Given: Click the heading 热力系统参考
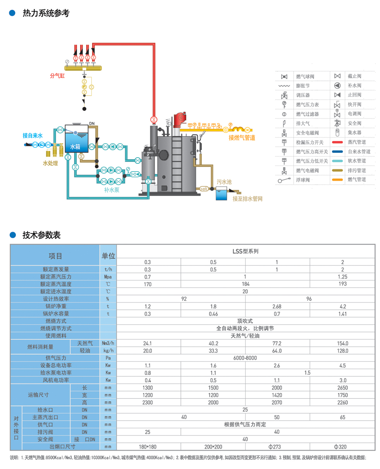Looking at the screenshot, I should tap(46, 13).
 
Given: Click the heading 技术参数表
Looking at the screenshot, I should tap(41, 235).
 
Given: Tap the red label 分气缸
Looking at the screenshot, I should tap(57, 76).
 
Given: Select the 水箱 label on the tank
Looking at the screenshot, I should tap(76, 147).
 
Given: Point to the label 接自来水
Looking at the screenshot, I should tap(33, 136).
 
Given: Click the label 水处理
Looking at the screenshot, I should tap(50, 163).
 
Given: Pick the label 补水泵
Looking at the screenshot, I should tap(112, 190).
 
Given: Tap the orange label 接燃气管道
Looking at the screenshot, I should tap(242, 137).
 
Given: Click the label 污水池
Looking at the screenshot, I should tap(224, 182).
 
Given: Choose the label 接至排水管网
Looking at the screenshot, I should tap(248, 199).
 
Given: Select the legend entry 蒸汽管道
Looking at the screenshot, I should tap(356, 142).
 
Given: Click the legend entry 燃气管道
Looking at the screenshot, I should tap(356, 179).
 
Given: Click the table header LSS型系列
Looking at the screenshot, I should tap(245, 251).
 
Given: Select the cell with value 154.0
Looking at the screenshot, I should tap(342, 343).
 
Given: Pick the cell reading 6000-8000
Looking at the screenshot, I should tap(245, 358).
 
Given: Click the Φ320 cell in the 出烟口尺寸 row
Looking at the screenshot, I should tap(342, 447).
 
